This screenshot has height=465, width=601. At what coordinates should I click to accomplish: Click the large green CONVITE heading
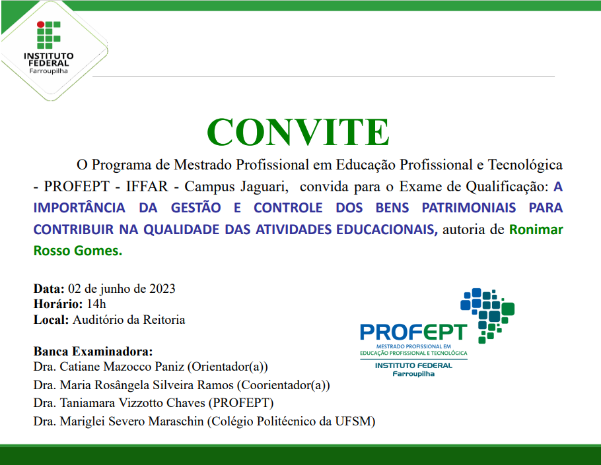(x=298, y=132)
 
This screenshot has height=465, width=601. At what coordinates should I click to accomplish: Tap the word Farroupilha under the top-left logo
(x=48, y=71)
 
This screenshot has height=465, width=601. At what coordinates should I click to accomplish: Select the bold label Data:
(x=49, y=289)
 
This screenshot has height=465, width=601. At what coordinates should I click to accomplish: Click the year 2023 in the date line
(x=162, y=289)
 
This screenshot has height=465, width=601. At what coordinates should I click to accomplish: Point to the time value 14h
(x=96, y=304)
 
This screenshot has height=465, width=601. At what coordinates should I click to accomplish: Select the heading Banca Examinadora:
(x=92, y=351)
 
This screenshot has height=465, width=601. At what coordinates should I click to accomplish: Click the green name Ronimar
(x=536, y=230)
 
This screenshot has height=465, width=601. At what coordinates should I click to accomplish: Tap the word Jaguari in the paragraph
(x=261, y=187)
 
